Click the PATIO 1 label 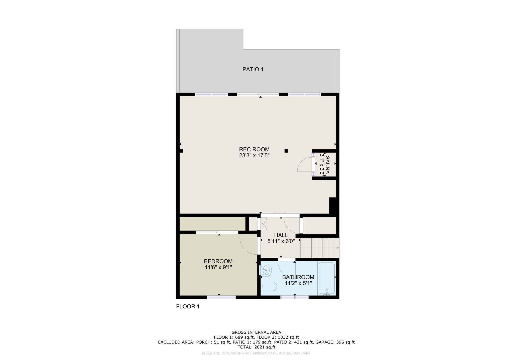tap(253, 69)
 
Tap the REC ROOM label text tap(254, 150)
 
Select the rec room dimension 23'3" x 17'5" tap(254, 155)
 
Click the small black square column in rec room tap(286, 151)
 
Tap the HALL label tap(281, 235)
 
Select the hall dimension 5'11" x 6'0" tap(281, 241)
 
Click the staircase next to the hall tap(320, 248)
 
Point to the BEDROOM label tap(218, 261)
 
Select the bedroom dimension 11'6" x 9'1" tap(218, 267)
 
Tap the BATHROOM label tap(298, 277)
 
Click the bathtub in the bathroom tap(327, 279)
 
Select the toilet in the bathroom tap(269, 286)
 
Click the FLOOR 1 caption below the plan tap(188, 307)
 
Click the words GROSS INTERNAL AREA tap(256, 332)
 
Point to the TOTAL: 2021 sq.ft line tap(256, 347)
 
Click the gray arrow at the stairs tap(338, 248)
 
